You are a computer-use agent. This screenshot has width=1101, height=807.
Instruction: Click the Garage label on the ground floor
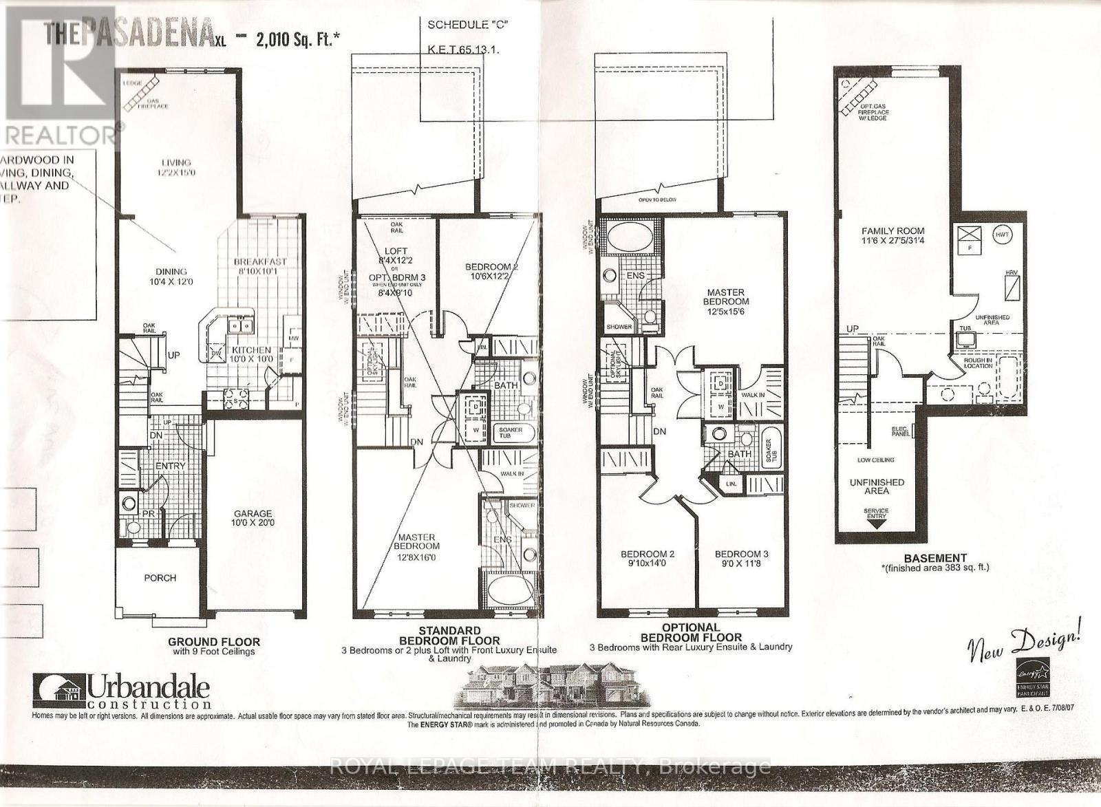253,513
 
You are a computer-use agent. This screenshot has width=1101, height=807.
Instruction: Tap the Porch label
160,578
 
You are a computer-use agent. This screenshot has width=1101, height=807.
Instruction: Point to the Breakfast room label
259,262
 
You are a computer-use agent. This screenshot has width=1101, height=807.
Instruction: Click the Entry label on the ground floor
170,466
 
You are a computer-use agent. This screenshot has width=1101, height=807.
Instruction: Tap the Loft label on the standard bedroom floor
396,251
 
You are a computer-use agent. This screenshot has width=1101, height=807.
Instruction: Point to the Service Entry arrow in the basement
876,522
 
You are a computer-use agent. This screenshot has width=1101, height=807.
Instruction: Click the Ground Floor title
214,642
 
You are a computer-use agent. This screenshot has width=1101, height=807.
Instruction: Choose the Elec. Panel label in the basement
899,432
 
